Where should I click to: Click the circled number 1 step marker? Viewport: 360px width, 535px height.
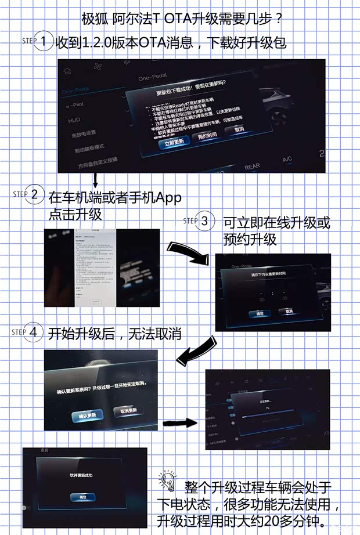pos(45,42)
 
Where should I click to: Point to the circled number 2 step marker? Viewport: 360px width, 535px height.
pos(35,194)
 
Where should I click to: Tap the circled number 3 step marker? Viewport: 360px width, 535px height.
pos(206,220)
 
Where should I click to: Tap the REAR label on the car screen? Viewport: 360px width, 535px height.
pos(252,167)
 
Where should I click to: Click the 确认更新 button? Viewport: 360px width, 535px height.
pos(87,415)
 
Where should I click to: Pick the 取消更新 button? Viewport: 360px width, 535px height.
pos(129,410)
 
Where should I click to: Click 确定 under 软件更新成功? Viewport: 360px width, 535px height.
pos(78,497)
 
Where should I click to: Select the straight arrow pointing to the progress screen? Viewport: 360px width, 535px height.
pos(181,423)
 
